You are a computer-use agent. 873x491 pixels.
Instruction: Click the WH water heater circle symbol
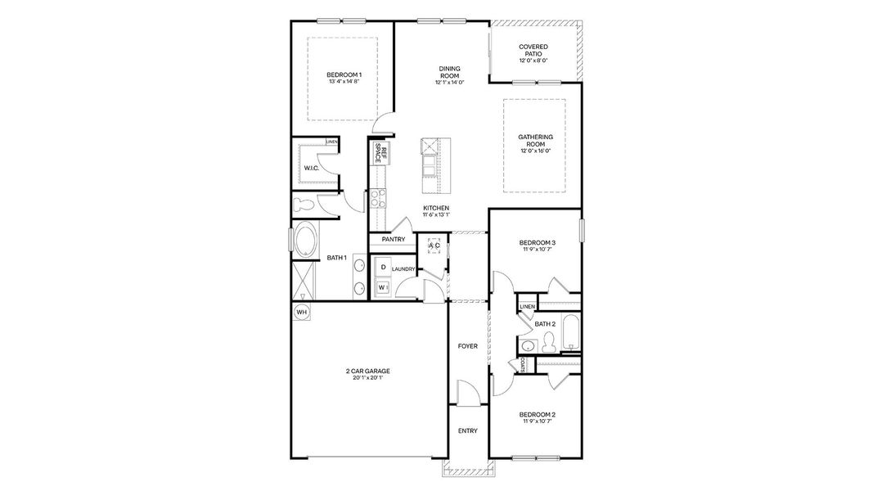[302, 313]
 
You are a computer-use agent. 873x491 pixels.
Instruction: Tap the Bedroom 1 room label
[344, 74]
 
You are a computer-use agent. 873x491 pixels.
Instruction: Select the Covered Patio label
[533, 50]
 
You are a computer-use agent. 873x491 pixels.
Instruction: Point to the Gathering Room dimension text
[536, 151]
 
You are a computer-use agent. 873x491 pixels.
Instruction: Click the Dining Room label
[450, 72]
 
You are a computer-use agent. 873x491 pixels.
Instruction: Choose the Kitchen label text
[436, 208]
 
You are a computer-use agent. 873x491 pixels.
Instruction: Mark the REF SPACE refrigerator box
[380, 153]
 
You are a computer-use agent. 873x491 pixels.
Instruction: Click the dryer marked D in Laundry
[383, 268]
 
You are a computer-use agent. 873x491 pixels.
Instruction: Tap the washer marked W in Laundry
[382, 287]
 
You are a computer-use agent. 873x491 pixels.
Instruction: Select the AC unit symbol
[434, 245]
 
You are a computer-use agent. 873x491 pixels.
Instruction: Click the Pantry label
[394, 240]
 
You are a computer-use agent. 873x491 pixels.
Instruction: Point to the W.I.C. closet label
[312, 168]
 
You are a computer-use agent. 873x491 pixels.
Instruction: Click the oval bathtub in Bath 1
[305, 240]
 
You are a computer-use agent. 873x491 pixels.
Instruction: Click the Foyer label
[468, 346]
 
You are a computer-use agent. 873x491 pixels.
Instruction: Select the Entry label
[468, 431]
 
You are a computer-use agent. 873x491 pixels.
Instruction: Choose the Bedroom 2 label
[538, 415]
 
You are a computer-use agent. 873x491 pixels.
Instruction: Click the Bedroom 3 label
[538, 243]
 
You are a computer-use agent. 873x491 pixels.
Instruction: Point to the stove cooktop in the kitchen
[379, 199]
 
